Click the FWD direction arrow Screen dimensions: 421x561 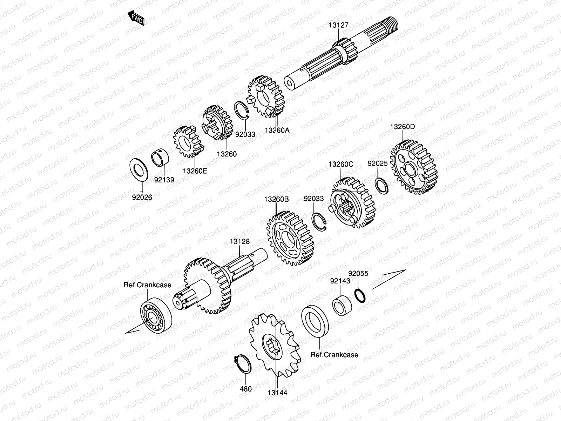click(137, 18)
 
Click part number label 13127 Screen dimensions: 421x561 click(338, 25)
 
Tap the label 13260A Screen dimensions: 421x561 click(277, 130)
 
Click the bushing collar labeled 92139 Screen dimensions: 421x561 click(161, 159)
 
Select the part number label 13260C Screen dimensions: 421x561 click(341, 164)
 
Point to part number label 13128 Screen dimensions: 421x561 click(240, 241)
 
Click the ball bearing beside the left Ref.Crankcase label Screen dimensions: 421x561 click(156, 314)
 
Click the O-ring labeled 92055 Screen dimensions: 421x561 click(361, 295)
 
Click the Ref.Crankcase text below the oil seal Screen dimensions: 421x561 click(334, 355)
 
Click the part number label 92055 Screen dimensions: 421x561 click(358, 273)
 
